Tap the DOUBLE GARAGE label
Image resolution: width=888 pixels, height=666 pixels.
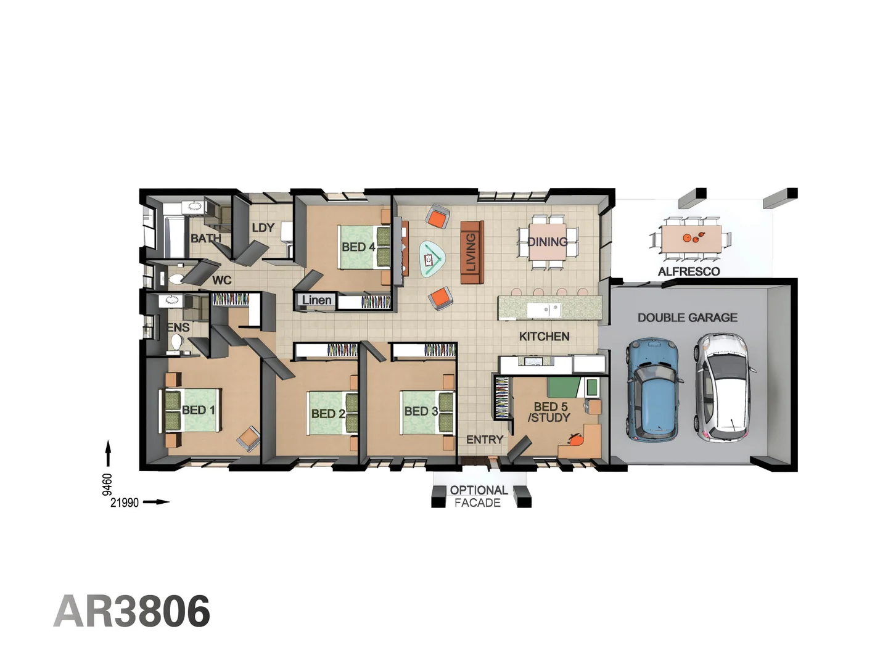pos(687,318)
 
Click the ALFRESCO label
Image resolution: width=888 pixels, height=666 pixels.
pos(688,271)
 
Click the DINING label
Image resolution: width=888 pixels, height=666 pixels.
pos(548,242)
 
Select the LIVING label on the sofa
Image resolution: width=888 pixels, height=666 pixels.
pos(471,252)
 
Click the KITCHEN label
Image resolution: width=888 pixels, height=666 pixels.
pos(544,336)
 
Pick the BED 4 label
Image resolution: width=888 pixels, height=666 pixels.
pos(358,247)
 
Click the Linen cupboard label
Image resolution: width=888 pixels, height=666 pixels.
pos(317,300)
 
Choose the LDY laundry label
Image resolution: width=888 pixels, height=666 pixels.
pos(263,228)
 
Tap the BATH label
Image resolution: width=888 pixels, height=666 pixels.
pos(205,238)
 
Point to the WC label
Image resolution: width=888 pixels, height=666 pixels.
pos(222,281)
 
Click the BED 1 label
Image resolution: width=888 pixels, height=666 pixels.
pos(198,410)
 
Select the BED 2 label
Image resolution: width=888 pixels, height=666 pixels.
pos(327,414)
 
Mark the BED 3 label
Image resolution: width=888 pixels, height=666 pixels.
pos(421,411)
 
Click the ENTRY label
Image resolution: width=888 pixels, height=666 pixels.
pos(485,440)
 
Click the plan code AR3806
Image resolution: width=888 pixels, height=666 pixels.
pos(132,611)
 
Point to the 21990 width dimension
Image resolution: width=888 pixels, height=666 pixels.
pos(125,503)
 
